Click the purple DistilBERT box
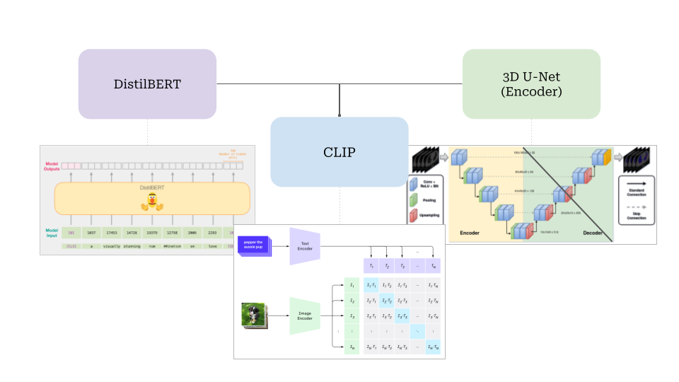147,83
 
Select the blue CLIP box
339,152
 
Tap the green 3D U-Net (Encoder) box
531,83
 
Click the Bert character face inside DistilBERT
152,201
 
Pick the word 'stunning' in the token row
132,246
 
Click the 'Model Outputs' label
50,165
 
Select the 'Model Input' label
50,232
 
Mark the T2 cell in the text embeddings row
388,266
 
